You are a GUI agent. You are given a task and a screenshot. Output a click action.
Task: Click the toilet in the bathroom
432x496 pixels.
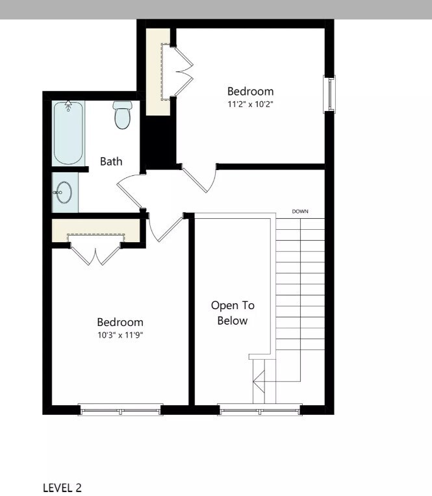[122, 115]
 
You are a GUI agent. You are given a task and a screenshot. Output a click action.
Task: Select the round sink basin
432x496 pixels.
[64, 193]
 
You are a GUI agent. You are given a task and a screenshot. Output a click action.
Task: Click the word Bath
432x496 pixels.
[111, 162]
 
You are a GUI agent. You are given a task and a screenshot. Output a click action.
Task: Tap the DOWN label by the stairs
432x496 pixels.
[300, 212]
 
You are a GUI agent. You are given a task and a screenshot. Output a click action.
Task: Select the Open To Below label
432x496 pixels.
[233, 312]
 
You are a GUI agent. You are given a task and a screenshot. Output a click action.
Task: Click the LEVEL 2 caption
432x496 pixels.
[62, 488]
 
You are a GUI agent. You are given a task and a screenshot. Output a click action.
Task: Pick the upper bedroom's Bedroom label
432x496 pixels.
[250, 92]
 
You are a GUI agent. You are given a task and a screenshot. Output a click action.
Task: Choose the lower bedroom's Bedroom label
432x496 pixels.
[120, 322]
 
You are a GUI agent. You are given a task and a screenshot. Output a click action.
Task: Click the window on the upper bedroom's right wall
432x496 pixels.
[330, 94]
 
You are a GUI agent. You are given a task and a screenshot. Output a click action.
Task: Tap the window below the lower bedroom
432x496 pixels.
[120, 409]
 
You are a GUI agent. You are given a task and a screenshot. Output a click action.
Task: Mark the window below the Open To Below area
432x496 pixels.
[260, 409]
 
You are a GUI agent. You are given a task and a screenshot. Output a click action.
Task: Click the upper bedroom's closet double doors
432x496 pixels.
[183, 72]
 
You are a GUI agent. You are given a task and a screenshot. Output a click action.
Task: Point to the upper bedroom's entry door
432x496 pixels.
[201, 179]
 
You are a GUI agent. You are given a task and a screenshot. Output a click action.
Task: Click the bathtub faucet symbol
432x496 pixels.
[68, 106]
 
